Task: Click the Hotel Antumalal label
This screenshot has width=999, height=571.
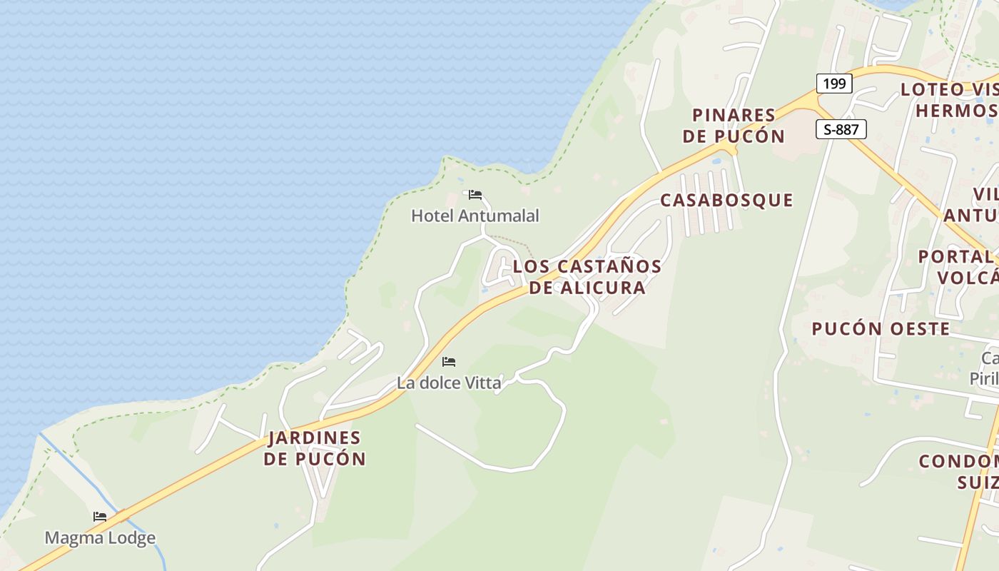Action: tap(475, 216)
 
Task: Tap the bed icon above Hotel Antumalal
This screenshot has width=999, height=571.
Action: tap(475, 194)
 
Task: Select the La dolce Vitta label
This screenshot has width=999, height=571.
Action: tap(449, 383)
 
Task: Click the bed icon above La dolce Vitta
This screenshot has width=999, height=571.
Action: tap(449, 362)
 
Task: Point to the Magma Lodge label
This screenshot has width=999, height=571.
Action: tap(100, 537)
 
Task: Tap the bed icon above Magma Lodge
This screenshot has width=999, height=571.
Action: tap(100, 517)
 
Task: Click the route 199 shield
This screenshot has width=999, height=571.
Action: tap(833, 84)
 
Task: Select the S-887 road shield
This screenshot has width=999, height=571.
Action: tap(841, 129)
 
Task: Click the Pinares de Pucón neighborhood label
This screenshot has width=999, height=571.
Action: tap(734, 125)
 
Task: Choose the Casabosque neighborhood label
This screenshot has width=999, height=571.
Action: tap(726, 201)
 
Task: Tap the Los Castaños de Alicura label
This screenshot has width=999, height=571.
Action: tap(587, 277)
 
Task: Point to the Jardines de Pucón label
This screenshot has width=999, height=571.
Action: tap(315, 448)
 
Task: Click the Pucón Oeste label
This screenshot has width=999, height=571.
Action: tap(881, 329)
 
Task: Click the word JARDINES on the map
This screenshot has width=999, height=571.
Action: tap(315, 438)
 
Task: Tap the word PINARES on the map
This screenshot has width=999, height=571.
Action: tap(734, 115)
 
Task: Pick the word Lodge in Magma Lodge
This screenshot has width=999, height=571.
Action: tap(131, 537)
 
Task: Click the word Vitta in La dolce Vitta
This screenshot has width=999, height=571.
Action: tap(483, 383)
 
